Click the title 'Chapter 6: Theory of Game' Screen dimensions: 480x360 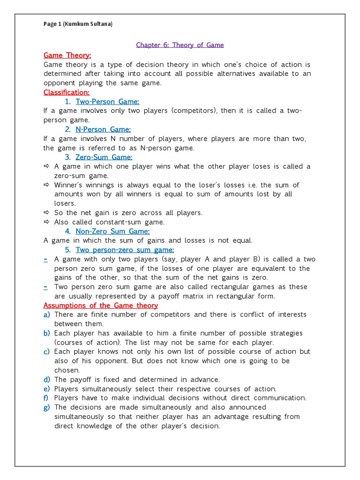180,45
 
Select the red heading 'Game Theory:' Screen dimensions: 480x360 67,55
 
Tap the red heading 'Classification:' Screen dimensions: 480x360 66,92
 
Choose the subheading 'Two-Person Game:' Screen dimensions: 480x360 107,102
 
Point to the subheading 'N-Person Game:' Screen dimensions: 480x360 103,129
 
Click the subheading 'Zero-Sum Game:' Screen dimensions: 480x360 104,157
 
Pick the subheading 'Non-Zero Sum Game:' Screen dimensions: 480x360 112,231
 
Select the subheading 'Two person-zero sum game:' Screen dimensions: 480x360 125,250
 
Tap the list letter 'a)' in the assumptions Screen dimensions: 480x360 46,315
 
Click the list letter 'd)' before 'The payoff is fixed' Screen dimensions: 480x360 46,380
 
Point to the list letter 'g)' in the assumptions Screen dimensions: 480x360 46,407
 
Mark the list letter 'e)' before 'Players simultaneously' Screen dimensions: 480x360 46,389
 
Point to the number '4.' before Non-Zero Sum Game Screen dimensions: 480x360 68,231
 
